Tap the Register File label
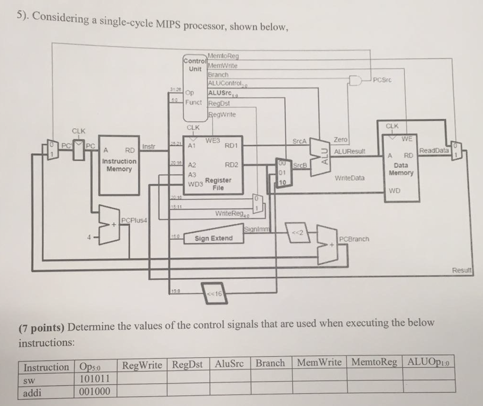pos(218,183)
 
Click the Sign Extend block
pos(213,239)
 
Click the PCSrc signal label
pos(382,81)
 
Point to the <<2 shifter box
pos(297,234)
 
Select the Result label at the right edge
pos(462,270)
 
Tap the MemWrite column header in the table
pos(319,364)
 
